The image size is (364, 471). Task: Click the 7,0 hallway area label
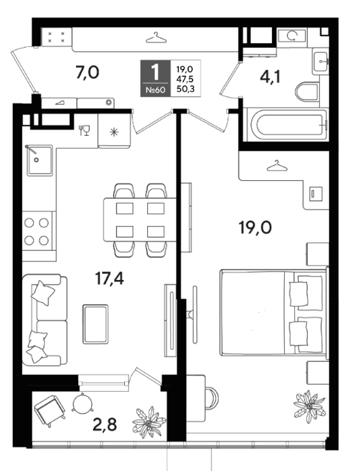87,73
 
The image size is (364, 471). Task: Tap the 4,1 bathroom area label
270,77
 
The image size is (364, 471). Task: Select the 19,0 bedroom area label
255,227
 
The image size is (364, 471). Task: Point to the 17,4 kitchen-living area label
109,279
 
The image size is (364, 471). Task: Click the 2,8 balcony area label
105,424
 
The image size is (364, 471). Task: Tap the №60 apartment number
156,89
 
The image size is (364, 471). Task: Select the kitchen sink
40,160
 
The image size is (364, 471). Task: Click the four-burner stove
37,231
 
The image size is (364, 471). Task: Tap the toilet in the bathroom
307,92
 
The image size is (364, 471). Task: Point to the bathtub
289,124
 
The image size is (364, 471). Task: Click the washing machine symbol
291,36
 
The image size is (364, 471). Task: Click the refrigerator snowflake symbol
114,132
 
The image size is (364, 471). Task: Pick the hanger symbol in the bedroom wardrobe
277,166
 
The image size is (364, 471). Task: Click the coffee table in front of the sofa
95,324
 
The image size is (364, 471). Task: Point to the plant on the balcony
149,422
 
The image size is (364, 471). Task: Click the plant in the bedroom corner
310,406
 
